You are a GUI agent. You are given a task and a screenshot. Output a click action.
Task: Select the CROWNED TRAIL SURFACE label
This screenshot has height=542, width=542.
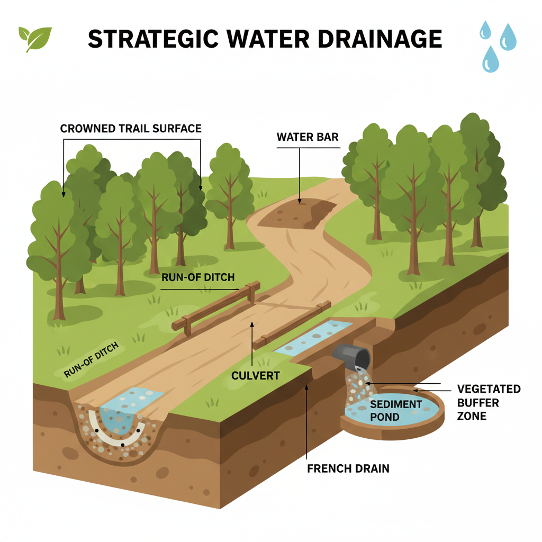(131, 129)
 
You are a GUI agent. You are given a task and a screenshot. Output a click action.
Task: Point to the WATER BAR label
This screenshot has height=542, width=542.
(308, 137)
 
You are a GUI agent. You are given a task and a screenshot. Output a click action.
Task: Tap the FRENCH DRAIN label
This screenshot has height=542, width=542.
(348, 468)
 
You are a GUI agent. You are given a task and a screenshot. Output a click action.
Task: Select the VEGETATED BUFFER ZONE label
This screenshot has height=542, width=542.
(488, 402)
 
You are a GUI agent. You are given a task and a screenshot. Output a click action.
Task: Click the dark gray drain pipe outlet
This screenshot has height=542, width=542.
(353, 357)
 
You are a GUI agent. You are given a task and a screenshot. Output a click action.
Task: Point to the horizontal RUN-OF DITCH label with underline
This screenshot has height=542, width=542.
(198, 277)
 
